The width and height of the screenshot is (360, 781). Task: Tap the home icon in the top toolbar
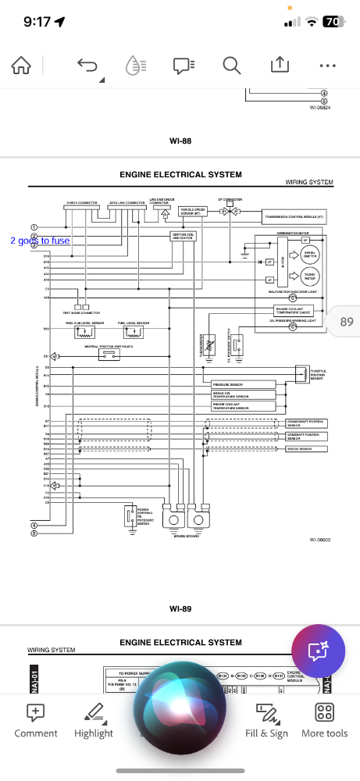(x=21, y=66)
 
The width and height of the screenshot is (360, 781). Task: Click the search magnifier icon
(x=231, y=66)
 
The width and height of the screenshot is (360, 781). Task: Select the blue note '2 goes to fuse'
(x=40, y=241)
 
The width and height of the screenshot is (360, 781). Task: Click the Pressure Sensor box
(x=242, y=384)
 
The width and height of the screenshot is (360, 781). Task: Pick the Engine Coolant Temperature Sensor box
(x=242, y=406)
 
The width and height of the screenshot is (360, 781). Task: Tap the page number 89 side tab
(x=345, y=321)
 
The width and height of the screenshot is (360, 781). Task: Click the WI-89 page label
(x=180, y=608)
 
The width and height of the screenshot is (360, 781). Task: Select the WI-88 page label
(x=180, y=141)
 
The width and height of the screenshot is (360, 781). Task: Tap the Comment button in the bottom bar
(x=36, y=720)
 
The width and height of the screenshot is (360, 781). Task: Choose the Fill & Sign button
(x=266, y=720)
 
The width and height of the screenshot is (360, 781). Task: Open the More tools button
(x=325, y=720)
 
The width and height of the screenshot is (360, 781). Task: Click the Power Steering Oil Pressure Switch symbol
(x=129, y=515)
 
